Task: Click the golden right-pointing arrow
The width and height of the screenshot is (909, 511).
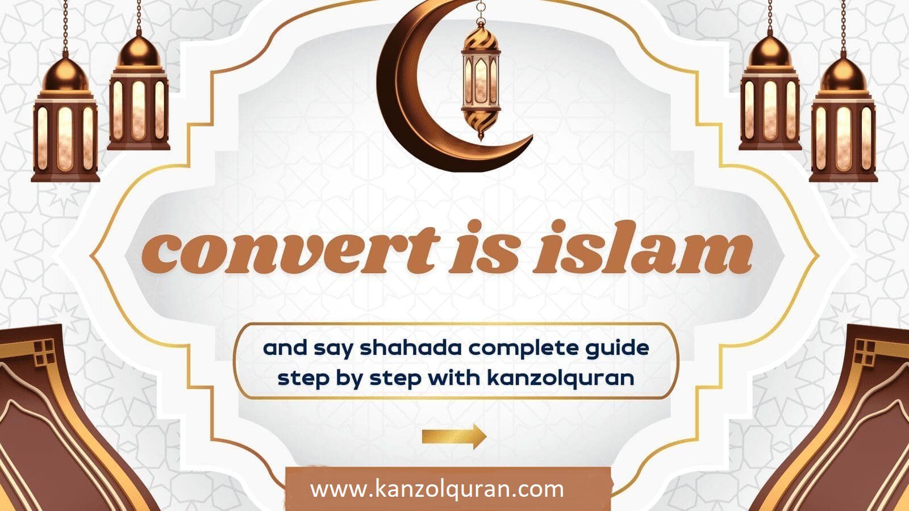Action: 454,437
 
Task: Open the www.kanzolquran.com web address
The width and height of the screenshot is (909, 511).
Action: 437,489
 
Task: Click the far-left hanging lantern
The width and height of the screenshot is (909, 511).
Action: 65,118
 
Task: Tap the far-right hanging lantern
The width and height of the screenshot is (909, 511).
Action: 843,118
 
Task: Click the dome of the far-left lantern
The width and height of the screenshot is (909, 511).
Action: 65,75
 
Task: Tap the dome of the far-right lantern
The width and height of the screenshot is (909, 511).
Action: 843,75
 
